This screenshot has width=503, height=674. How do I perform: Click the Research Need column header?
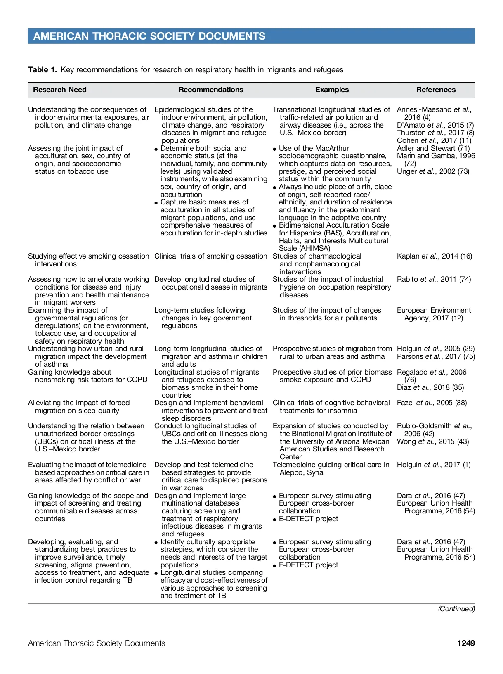tap(60, 90)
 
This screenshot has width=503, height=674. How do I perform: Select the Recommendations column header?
tap(211, 90)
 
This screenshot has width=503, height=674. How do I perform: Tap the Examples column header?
tap(332, 90)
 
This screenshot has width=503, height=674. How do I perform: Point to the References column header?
tap(436, 90)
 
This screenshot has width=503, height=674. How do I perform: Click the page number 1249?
tap(466, 643)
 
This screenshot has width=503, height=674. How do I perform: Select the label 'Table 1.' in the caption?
tap(43, 70)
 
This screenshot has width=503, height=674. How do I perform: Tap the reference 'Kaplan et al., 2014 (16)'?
tap(434, 256)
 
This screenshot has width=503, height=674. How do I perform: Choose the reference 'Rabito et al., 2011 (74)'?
tap(434, 279)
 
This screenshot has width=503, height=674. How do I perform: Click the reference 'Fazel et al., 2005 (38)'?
tap(432, 403)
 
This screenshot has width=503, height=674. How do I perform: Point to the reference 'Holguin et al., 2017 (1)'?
tap(433, 465)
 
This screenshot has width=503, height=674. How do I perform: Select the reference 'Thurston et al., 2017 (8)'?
tap(435, 133)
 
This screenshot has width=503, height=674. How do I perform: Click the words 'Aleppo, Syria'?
tap(301, 472)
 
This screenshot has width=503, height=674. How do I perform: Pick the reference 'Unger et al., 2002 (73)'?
tap(433, 171)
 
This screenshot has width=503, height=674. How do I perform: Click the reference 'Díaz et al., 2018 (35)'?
tap(430, 387)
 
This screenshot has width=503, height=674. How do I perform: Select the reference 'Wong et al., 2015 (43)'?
tap(433, 441)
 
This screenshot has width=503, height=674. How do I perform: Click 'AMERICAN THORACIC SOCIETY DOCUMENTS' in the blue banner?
tap(149, 36)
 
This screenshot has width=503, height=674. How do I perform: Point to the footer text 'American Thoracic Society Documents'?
tap(97, 643)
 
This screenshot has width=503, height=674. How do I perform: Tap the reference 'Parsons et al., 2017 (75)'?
tap(436, 356)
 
